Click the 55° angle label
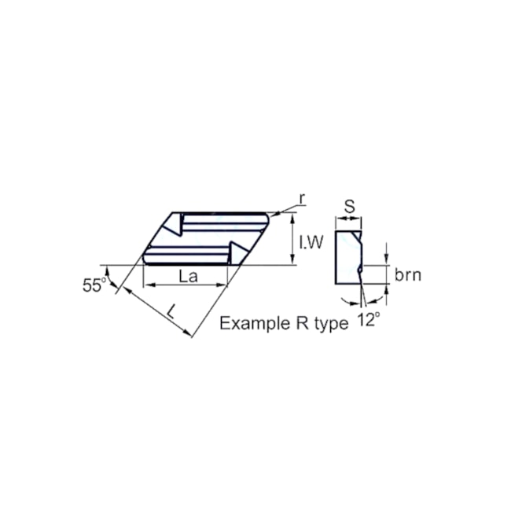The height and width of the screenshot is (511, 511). (x=94, y=285)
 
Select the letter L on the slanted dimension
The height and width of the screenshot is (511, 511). (x=171, y=311)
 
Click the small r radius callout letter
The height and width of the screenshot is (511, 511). (x=303, y=197)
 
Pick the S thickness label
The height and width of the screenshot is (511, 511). (x=350, y=207)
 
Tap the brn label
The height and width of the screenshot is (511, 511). (x=408, y=274)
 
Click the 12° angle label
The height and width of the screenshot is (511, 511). (x=368, y=318)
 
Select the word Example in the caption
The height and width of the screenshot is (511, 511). (x=248, y=323)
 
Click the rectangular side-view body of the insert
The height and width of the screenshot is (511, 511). (x=347, y=258)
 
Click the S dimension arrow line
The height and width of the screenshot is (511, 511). (x=349, y=218)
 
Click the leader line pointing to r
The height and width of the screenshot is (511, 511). (x=285, y=208)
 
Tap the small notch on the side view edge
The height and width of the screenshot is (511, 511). (x=360, y=270)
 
